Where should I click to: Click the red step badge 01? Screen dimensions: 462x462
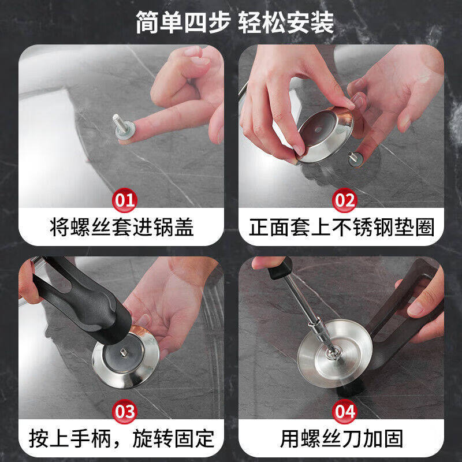[x=125, y=200]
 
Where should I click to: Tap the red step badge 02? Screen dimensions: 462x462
[x=345, y=200]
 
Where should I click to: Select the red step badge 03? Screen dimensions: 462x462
[x=125, y=412]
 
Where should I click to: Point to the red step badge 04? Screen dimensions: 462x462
[x=345, y=412]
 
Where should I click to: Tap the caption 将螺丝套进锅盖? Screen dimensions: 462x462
[x=121, y=227]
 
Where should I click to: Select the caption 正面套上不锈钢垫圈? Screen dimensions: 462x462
[x=341, y=227]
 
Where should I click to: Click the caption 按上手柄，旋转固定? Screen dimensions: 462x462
[x=121, y=438]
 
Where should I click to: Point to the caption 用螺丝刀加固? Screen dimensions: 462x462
[x=341, y=438]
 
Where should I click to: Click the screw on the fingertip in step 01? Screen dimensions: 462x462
[x=119, y=122]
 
